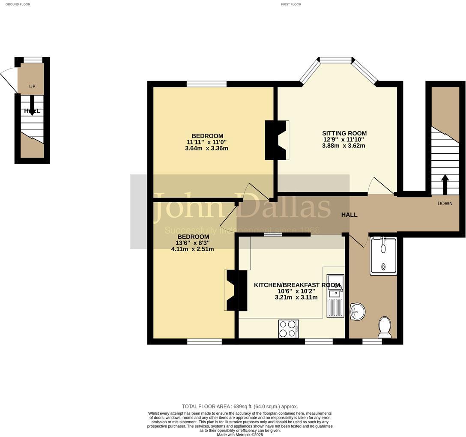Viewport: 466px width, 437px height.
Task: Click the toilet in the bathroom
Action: tap(384, 327)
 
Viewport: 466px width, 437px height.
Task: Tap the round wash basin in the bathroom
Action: tap(357, 311)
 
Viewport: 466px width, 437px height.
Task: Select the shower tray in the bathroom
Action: tap(383, 256)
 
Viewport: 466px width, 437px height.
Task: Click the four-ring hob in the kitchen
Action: tap(288, 329)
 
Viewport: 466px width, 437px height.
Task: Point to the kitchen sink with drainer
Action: tap(335, 296)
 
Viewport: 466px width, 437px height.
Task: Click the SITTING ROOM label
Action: tap(344, 133)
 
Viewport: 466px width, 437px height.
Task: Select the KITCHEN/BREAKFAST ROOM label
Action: tap(297, 285)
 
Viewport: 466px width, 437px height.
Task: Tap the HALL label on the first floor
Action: tap(349, 215)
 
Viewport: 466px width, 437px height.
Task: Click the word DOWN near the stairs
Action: tap(445, 204)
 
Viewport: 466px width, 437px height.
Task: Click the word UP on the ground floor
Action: tap(32, 87)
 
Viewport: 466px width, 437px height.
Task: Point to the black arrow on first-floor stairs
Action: tap(445, 184)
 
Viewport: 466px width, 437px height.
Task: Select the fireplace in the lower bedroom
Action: tap(236, 290)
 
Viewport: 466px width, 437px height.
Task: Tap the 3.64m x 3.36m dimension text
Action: tap(206, 149)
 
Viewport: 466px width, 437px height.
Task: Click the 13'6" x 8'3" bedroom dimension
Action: tap(194, 243)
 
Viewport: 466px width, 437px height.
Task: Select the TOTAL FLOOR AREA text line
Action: tap(239, 407)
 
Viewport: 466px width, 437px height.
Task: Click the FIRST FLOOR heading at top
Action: tap(291, 4)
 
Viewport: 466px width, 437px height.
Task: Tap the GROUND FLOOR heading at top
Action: tap(18, 4)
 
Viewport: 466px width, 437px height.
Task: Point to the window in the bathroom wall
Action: tap(372, 341)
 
